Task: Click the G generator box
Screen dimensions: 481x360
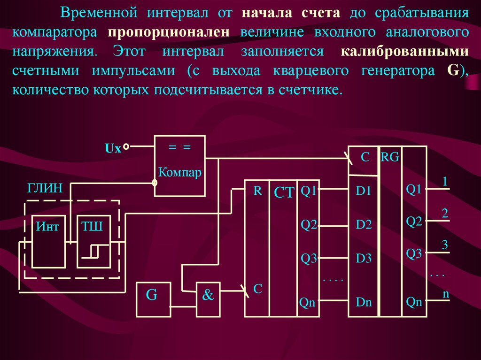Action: point(153,299)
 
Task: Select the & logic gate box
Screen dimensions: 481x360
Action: point(208,299)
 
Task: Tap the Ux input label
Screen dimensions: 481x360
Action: point(113,149)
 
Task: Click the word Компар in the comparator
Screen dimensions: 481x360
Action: point(180,172)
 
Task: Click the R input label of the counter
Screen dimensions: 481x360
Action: point(257,191)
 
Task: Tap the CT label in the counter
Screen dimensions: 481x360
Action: point(284,192)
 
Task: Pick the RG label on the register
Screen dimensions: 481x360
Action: point(390,157)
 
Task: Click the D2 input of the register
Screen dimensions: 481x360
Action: point(364,225)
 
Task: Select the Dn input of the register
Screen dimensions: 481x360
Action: point(364,302)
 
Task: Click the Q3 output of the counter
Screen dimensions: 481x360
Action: point(309,258)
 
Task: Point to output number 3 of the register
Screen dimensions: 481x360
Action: point(444,245)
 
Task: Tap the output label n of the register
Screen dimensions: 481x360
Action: point(445,294)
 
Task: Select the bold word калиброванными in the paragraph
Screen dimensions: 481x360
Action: point(404,52)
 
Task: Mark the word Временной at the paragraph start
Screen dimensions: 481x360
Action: point(98,13)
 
